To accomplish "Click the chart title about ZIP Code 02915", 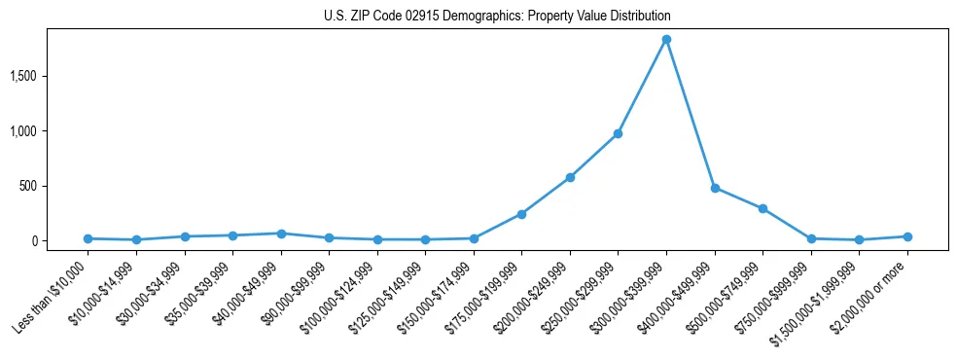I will click(x=497, y=17).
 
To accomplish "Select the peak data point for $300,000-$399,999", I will click(x=666, y=40).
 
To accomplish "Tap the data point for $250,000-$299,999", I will click(x=618, y=133).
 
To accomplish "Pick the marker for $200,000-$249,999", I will click(x=570, y=177).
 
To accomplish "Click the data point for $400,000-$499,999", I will click(x=715, y=188).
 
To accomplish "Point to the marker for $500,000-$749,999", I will click(x=762, y=208).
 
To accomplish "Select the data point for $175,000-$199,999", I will click(x=521, y=214).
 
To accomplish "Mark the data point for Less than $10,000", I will click(x=89, y=238).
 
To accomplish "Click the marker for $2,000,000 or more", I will click(x=907, y=236).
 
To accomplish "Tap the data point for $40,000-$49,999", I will click(x=281, y=234).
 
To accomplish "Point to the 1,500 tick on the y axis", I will click(x=49, y=76).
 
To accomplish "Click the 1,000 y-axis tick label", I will click(x=49, y=131).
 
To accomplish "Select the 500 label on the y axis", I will click(x=54, y=186).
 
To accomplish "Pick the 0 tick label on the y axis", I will click(x=59, y=241).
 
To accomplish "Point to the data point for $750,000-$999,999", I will click(x=811, y=238).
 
